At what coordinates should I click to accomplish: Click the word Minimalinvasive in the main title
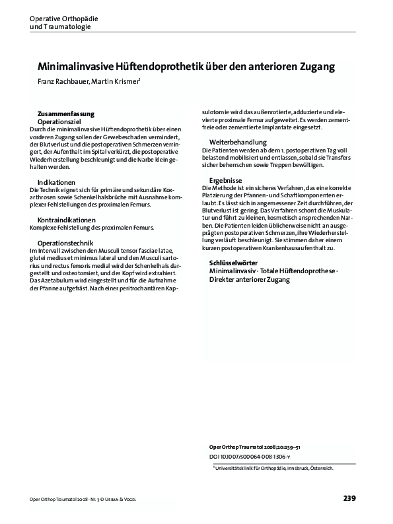80,67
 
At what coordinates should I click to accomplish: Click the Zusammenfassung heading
66,114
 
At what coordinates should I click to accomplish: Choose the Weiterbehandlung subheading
238,143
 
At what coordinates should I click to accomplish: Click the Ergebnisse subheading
227,180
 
